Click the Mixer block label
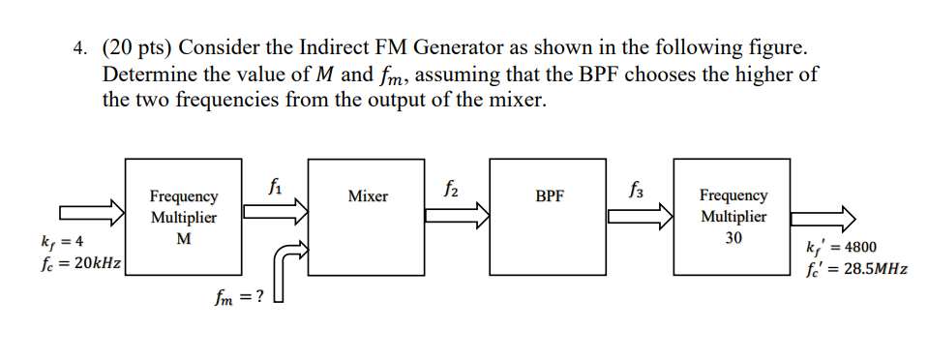tap(368, 196)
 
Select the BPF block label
tap(549, 196)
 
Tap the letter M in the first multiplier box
tap(184, 237)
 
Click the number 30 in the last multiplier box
tap(733, 237)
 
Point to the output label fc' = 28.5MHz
tap(855, 269)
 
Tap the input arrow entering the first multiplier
tap(91, 212)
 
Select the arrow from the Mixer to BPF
tap(456, 215)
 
